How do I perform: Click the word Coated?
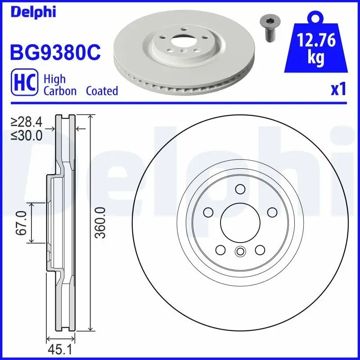[102, 90]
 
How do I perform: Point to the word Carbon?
[60, 90]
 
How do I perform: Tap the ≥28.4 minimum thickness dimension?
[27, 122]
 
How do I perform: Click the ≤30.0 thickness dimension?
[27, 135]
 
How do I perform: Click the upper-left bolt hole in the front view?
[208, 212]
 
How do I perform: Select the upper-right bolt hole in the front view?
[272, 212]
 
